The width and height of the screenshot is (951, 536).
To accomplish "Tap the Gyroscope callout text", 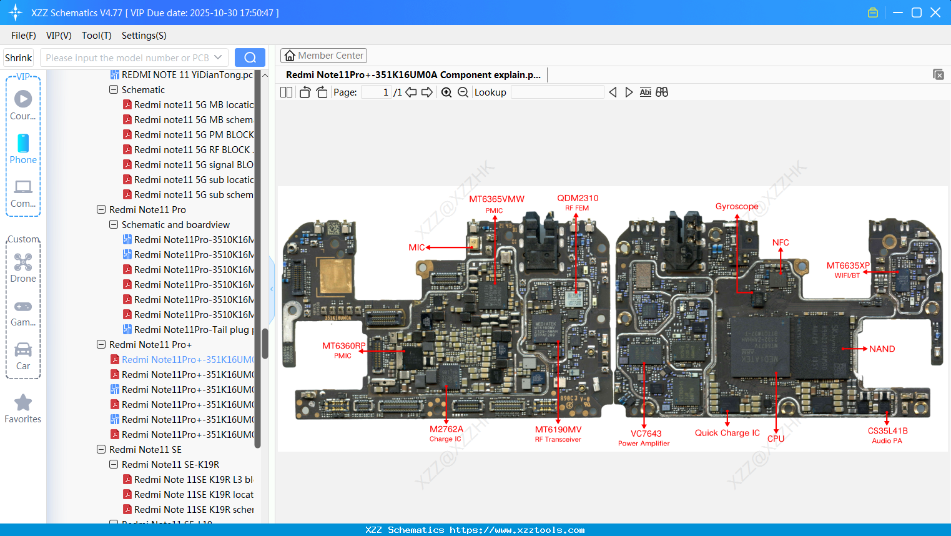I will [737, 206].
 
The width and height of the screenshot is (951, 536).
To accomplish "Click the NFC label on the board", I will [781, 242].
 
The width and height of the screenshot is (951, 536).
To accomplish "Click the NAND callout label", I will [882, 349].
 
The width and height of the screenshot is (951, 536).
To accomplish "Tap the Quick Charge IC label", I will [727, 433].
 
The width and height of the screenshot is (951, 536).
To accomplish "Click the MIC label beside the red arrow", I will [416, 247].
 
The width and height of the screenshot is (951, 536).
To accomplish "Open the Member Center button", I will [323, 56].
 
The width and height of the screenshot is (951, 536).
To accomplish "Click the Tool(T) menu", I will [96, 36].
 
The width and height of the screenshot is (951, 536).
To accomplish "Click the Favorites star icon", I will [23, 403].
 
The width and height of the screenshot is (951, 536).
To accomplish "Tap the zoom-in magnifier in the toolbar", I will [446, 92].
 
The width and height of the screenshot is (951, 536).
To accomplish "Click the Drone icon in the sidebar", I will [23, 262].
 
